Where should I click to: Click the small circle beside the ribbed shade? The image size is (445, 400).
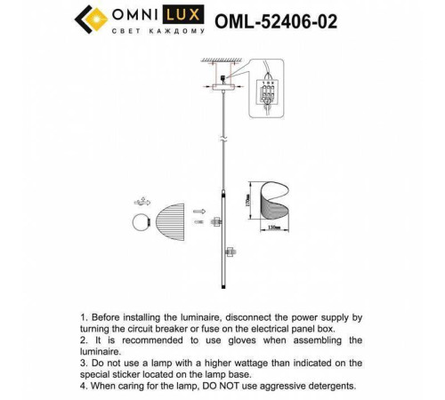[142, 220]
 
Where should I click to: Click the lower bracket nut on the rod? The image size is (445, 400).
[226, 253]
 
